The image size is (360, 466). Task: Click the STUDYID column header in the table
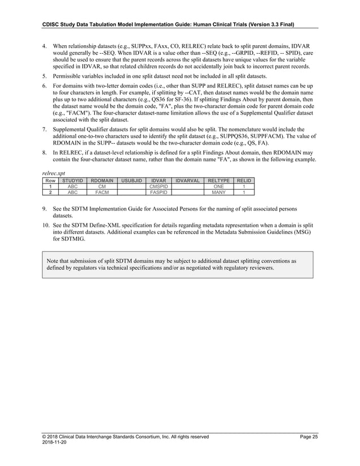(x=72, y=181)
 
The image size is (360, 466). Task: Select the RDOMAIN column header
(x=102, y=181)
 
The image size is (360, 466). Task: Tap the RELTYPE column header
(x=215, y=181)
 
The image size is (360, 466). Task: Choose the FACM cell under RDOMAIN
(x=102, y=192)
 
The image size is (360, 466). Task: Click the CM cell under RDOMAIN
(x=102, y=186)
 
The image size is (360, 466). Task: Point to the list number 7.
(x=45, y=129)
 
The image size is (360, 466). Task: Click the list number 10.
(x=46, y=225)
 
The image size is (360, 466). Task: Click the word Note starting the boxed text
(x=53, y=262)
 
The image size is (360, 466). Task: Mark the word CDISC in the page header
(x=54, y=24)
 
